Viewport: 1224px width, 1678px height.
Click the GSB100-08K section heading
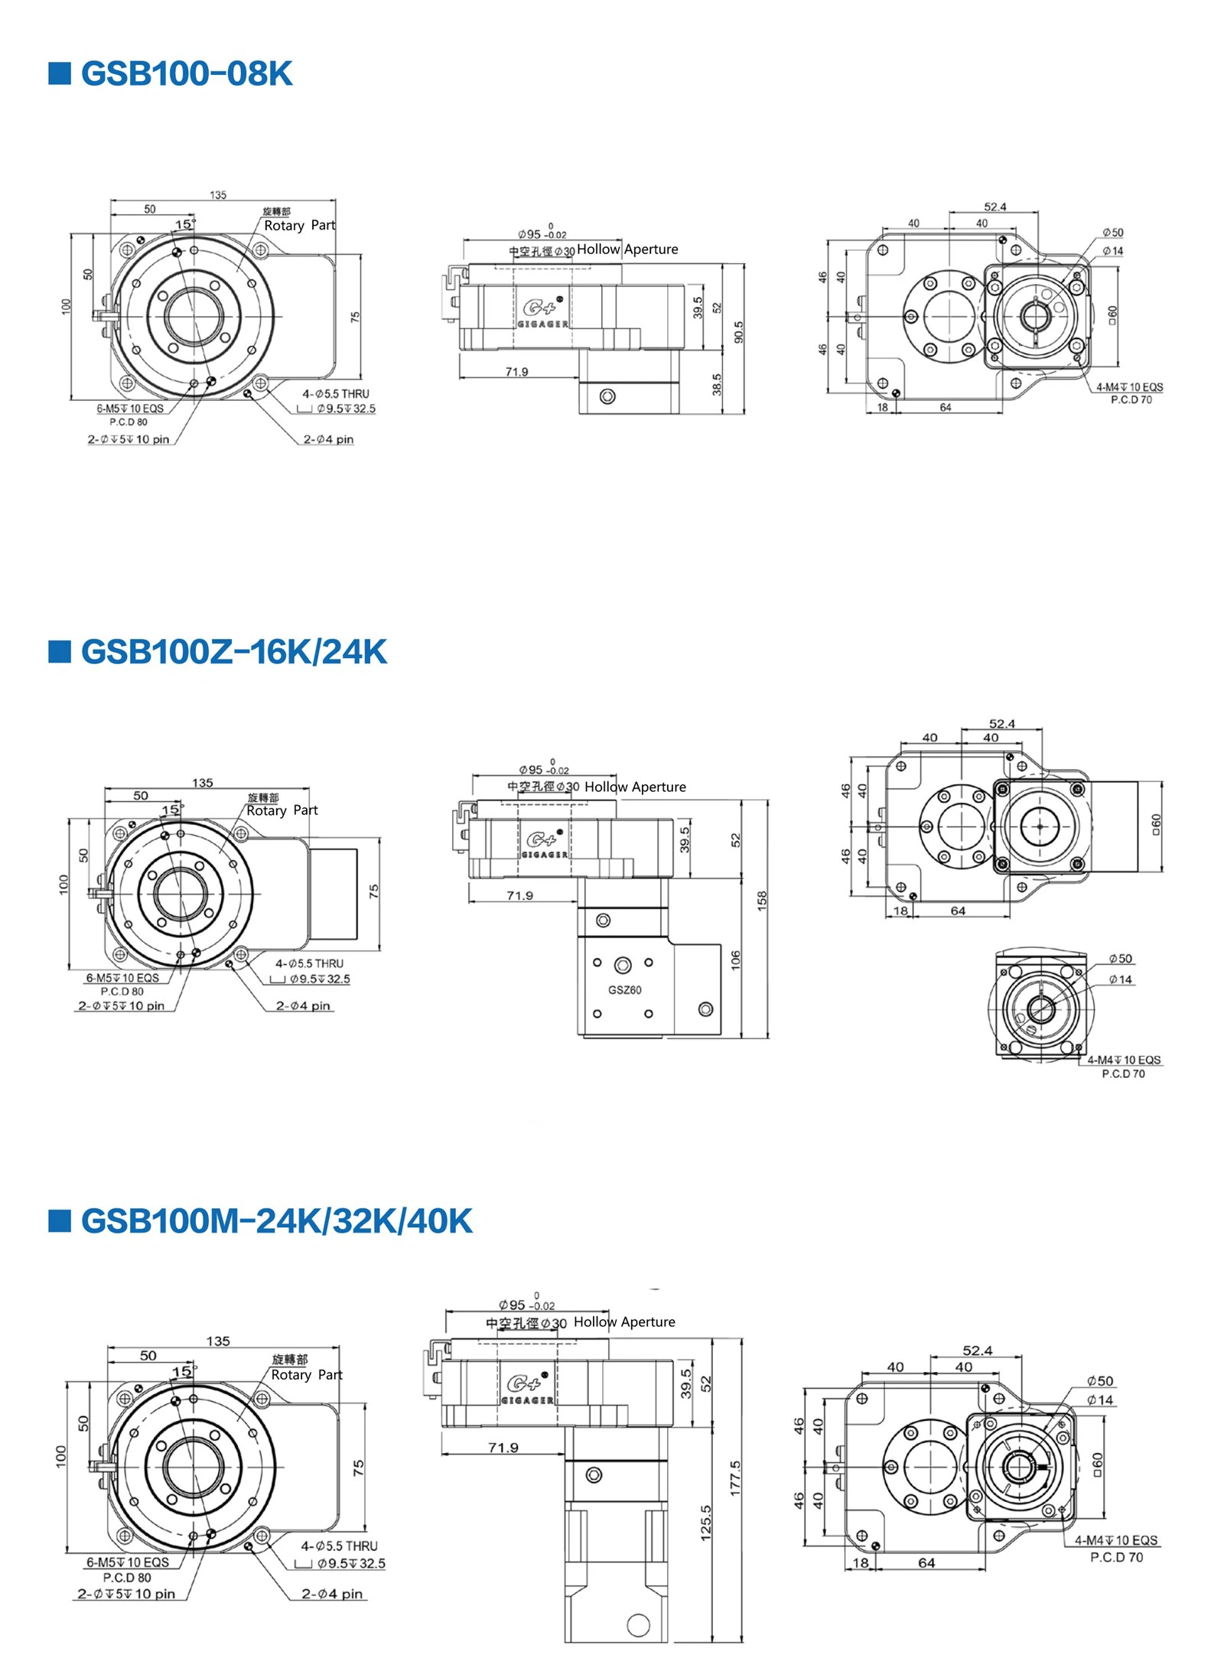(x=186, y=74)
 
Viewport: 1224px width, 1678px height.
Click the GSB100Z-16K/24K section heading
(x=233, y=652)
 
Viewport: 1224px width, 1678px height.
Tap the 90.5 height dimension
(x=738, y=331)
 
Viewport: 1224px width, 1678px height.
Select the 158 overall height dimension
(x=762, y=901)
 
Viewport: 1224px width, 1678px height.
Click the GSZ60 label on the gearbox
(x=624, y=990)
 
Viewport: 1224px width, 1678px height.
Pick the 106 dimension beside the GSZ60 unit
(x=735, y=960)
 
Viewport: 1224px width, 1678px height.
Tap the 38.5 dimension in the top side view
(x=717, y=384)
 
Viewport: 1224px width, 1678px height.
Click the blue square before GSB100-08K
(x=60, y=73)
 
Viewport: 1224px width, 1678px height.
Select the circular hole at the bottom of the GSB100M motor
(x=638, y=1624)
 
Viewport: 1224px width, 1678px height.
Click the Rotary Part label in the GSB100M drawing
(x=307, y=1375)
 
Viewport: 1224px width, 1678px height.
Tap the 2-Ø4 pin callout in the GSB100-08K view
(x=328, y=439)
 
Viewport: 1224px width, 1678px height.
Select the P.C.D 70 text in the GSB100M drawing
(x=1116, y=1557)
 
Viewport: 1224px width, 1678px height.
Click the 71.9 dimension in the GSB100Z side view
(x=519, y=895)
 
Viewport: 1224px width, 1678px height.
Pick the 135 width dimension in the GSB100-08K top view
(x=218, y=195)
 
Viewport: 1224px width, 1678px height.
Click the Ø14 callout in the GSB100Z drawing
(x=1121, y=979)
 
